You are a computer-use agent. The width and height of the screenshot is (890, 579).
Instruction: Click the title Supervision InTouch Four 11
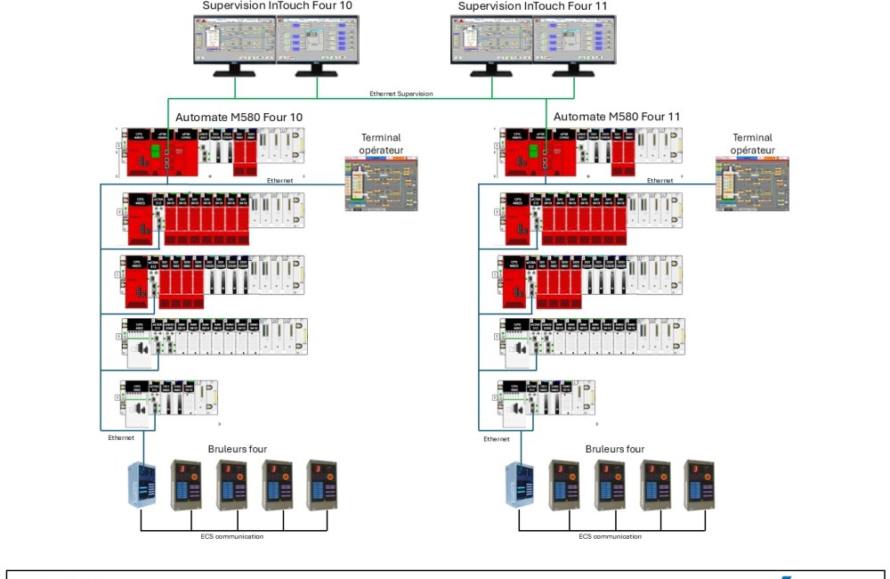click(x=532, y=6)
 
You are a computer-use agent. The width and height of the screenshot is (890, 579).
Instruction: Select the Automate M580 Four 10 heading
click(x=239, y=117)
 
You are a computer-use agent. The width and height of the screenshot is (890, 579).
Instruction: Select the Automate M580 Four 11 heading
click(x=618, y=117)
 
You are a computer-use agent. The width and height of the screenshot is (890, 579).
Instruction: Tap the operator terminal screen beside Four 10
click(x=380, y=183)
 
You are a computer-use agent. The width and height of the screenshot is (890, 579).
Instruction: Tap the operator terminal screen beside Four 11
click(x=752, y=183)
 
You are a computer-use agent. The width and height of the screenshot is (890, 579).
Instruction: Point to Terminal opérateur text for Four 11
click(x=752, y=144)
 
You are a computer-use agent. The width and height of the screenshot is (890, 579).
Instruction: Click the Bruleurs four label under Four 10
click(x=238, y=449)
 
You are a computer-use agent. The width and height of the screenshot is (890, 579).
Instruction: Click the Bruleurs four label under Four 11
click(x=615, y=449)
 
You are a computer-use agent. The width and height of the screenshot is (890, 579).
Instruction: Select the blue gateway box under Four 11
click(x=520, y=485)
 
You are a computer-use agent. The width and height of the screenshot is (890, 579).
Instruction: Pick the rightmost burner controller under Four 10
click(x=322, y=485)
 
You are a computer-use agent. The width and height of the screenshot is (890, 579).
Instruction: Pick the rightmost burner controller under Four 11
click(x=699, y=485)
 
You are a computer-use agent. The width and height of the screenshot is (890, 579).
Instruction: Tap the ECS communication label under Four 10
click(x=233, y=536)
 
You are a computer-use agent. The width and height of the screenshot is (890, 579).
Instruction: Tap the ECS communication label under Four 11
click(x=610, y=536)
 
